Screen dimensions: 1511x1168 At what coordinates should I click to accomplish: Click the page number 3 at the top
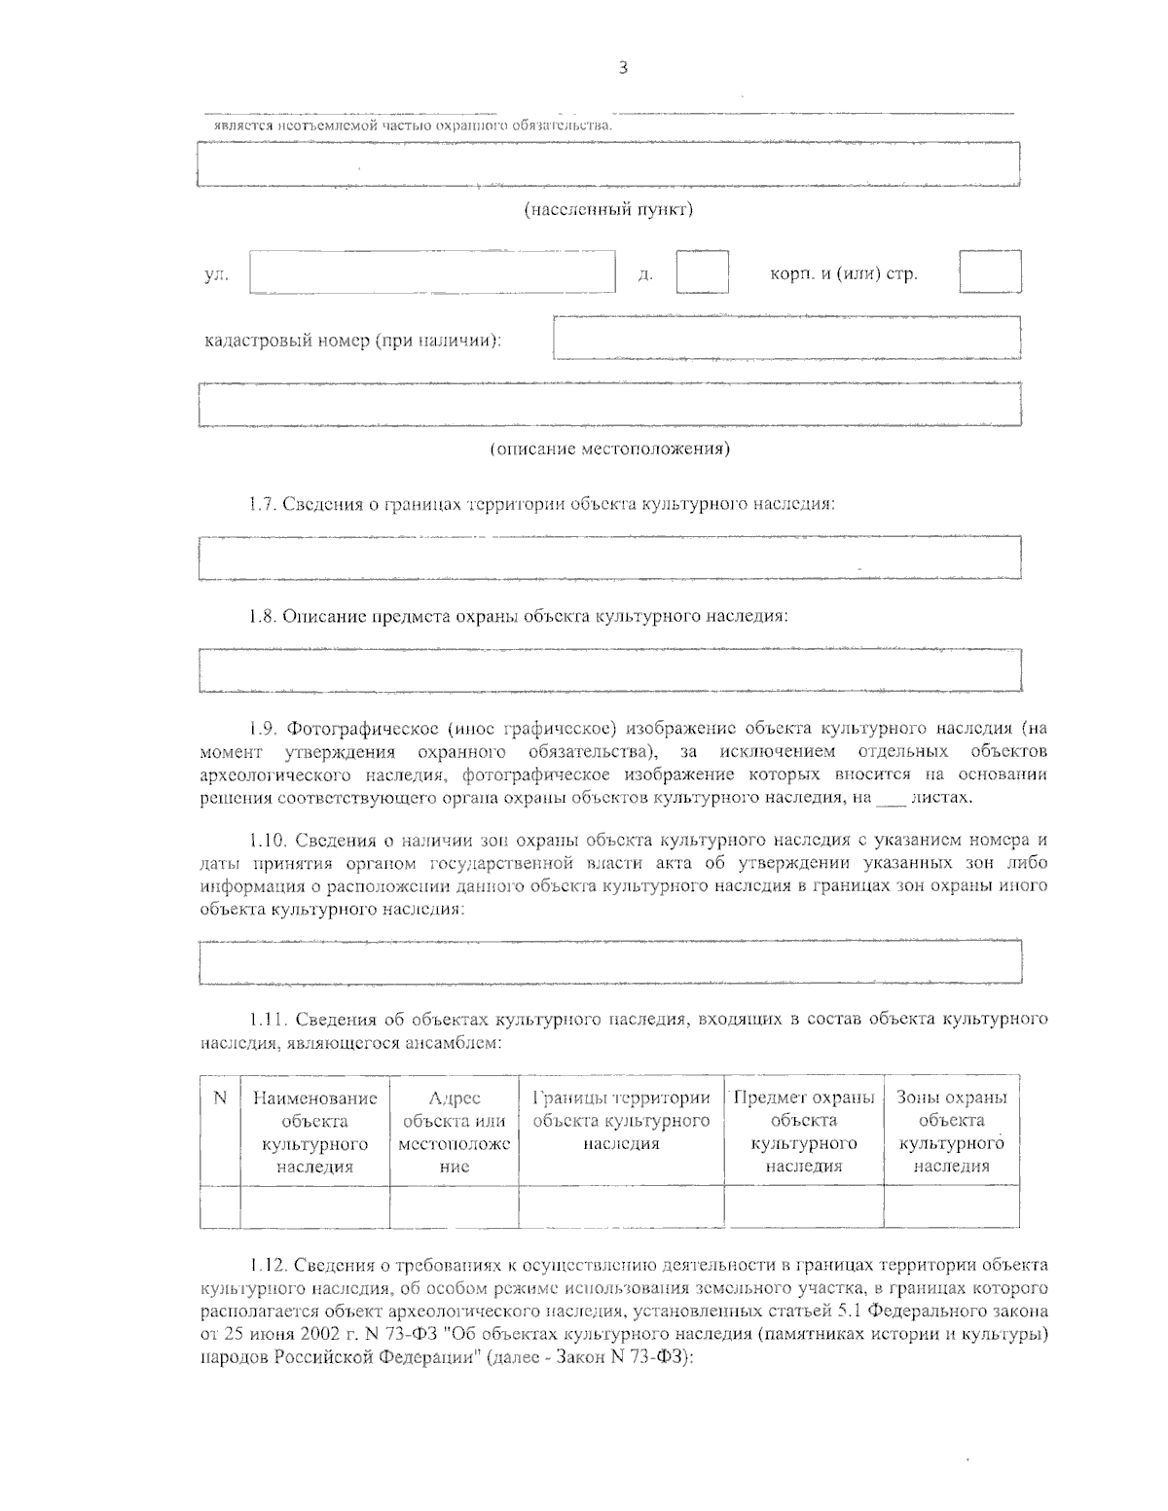coord(623,67)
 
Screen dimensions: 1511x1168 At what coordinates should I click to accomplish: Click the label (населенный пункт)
coord(608,209)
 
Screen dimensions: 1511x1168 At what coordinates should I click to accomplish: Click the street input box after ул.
coord(433,272)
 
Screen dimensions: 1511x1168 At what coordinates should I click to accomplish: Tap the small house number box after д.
coord(702,272)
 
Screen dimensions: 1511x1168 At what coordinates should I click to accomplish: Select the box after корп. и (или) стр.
coord(989,272)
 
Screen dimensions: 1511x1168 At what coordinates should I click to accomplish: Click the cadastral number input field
coord(786,339)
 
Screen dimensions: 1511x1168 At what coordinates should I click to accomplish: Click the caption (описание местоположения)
coord(608,450)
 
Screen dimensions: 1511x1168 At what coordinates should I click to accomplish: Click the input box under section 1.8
coord(608,670)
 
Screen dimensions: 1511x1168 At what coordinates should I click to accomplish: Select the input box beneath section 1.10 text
coord(608,962)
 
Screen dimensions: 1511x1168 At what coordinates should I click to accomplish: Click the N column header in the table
coord(220,1098)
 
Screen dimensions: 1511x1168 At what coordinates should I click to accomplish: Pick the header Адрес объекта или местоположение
coord(454,1132)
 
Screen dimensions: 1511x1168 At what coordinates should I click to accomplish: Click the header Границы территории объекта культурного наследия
coord(621,1121)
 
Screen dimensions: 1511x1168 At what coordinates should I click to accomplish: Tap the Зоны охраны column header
coord(951,1132)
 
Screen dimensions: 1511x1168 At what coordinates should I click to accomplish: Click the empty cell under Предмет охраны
coord(803,1206)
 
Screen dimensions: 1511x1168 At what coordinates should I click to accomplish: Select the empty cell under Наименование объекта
coord(313,1206)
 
